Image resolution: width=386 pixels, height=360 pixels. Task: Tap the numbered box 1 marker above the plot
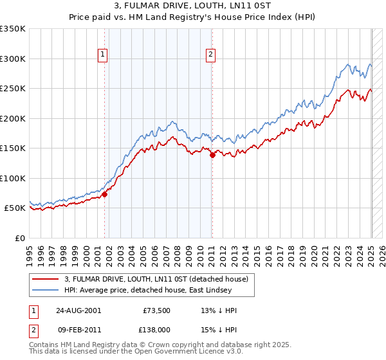[103, 55]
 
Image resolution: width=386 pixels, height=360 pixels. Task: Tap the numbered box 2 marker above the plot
[211, 55]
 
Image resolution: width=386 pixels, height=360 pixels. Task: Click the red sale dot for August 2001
[104, 194]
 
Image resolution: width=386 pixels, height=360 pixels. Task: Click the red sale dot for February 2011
[212, 155]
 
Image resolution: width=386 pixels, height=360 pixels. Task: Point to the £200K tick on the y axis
[14, 118]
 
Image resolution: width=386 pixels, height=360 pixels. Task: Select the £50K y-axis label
[15, 208]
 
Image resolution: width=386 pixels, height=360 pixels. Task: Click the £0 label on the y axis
[21, 238]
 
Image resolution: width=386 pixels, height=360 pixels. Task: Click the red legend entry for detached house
[160, 278]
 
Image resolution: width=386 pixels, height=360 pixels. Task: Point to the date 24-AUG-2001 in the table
[78, 310]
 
